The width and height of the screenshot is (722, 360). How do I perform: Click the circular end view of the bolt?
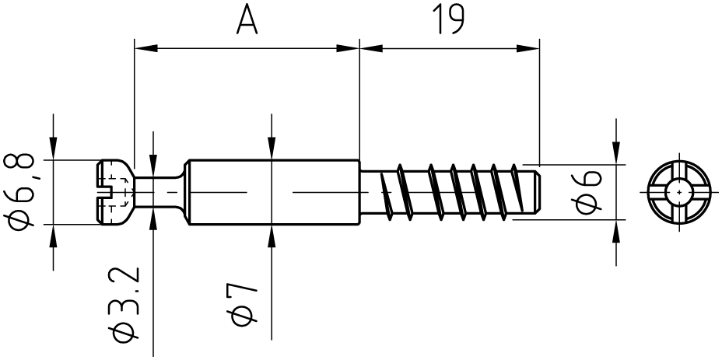(x=679, y=192)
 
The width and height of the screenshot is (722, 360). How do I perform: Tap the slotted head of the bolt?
(x=115, y=192)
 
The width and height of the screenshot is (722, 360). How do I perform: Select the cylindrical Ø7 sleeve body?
(x=275, y=192)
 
